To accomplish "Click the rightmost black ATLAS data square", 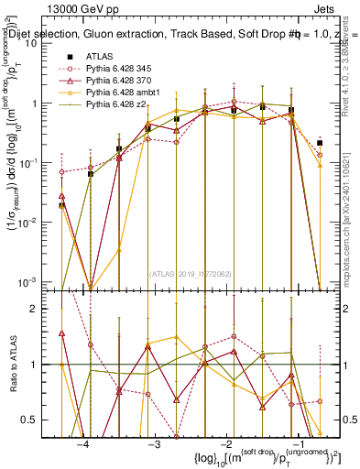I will [319, 143].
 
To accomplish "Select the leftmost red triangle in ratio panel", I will [61, 334].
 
